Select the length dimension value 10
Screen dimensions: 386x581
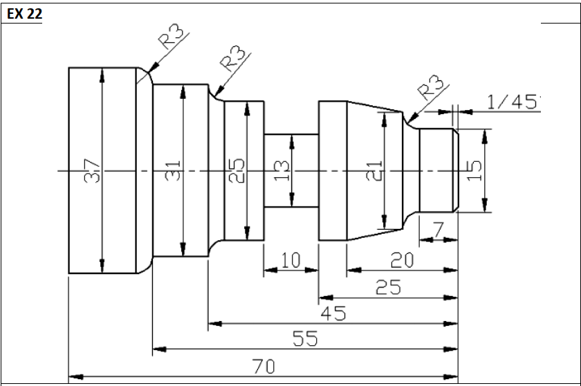[x=290, y=261]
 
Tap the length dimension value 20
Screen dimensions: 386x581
[x=402, y=261]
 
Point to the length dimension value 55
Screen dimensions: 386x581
[x=305, y=340]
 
